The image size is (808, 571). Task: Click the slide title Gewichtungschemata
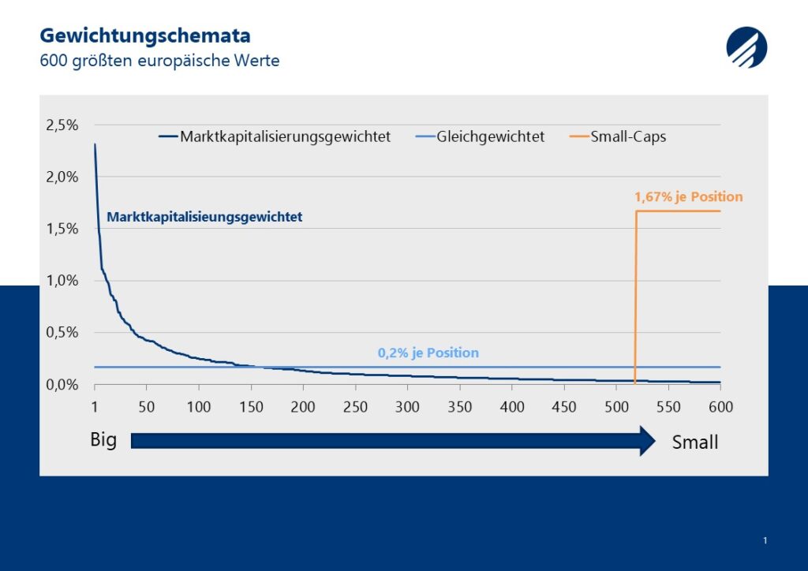pyautogui.click(x=145, y=36)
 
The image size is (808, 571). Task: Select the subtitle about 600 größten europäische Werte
pyautogui.click(x=159, y=61)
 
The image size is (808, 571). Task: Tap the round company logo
pyautogui.click(x=746, y=47)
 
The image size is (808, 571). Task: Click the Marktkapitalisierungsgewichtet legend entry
pyautogui.click(x=274, y=137)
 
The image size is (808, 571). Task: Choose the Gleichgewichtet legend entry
pyautogui.click(x=480, y=137)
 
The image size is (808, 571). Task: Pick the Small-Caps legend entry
pyautogui.click(x=618, y=137)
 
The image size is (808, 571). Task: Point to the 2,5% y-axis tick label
pyautogui.click(x=62, y=125)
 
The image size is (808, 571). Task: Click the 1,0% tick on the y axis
pyautogui.click(x=62, y=281)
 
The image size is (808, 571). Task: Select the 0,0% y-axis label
pyautogui.click(x=62, y=385)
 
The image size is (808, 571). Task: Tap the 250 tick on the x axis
pyautogui.click(x=355, y=407)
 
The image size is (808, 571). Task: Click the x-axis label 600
pyautogui.click(x=720, y=407)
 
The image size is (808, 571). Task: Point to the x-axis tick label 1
pyautogui.click(x=95, y=407)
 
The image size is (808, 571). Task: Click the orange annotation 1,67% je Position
pyautogui.click(x=688, y=196)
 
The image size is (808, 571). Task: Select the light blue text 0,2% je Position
pyautogui.click(x=428, y=353)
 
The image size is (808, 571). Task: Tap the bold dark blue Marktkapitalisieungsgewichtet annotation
pyautogui.click(x=204, y=217)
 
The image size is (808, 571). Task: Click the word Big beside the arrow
pyautogui.click(x=103, y=440)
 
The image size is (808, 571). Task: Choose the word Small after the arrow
pyautogui.click(x=694, y=442)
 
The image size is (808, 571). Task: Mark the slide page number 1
pyautogui.click(x=765, y=540)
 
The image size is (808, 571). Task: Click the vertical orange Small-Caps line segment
pyautogui.click(x=635, y=297)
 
